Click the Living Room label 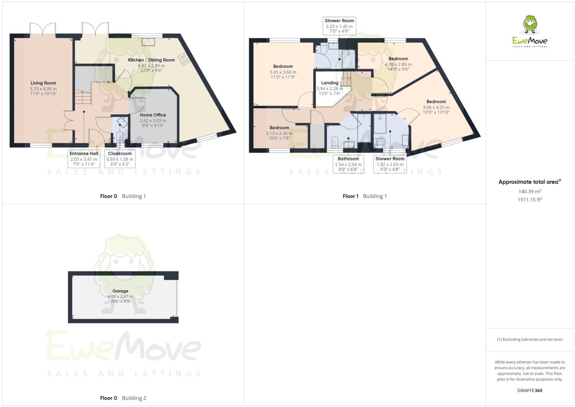coord(43,83)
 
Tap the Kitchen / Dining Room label coord(151,60)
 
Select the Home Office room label coord(153,115)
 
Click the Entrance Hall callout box coord(84,158)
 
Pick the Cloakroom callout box coord(120,158)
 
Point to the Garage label coord(120,291)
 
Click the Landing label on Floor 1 coord(330,83)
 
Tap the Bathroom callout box coord(348,164)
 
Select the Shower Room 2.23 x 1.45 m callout coord(339,26)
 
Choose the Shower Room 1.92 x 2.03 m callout coord(390,164)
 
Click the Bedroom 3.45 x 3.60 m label coord(283,67)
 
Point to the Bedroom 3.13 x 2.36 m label coord(279,128)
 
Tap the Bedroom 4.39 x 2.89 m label coord(398,59)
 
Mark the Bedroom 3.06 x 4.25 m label coord(436,102)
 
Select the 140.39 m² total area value coord(529,191)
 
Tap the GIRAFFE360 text coord(530,391)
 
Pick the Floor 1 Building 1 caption coord(365,196)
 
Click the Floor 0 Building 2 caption coord(123,398)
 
